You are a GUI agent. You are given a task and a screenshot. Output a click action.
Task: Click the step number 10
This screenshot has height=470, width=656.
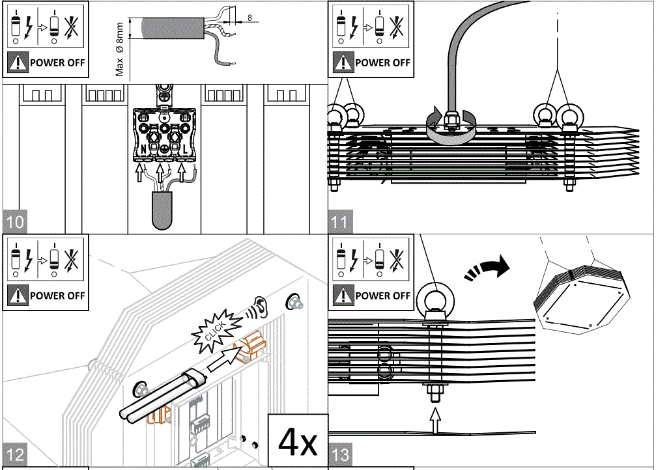[x=16, y=222]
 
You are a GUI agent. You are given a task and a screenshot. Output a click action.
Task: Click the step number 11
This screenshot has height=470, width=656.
[x=339, y=222]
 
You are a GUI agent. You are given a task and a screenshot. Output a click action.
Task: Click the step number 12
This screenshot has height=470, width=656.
[x=16, y=454]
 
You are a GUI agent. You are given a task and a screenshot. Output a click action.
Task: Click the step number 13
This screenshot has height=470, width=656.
[x=340, y=454]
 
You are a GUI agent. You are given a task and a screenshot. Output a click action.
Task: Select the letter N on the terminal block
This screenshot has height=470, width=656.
[x=142, y=150]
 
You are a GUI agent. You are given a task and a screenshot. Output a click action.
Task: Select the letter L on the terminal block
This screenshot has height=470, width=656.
[x=186, y=150]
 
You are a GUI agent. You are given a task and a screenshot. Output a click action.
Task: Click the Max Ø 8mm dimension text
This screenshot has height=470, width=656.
[x=120, y=48]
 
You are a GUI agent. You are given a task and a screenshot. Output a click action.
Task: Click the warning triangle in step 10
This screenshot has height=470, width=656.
[x=18, y=62]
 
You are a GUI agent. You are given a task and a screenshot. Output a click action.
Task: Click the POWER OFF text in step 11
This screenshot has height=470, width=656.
[x=383, y=62]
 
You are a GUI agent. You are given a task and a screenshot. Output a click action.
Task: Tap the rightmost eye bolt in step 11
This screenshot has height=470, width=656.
[x=569, y=117]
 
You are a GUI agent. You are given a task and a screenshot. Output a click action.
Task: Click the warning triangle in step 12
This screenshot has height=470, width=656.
[x=18, y=296]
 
